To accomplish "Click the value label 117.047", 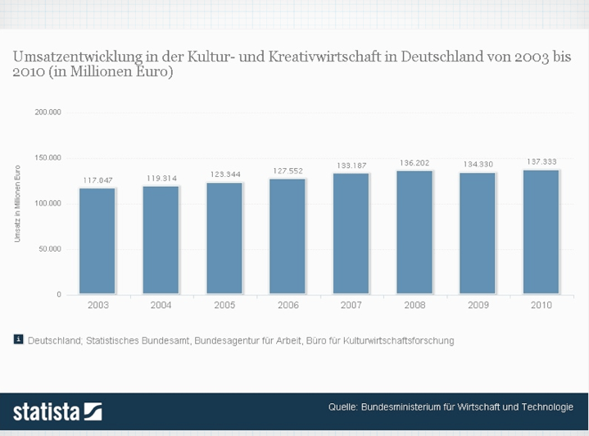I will pyautogui.click(x=97, y=179).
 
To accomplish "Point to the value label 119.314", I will pyautogui.click(x=161, y=178).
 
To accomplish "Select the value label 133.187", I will pyautogui.click(x=351, y=166).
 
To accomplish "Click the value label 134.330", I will pyautogui.click(x=478, y=164).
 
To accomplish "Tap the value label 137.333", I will pyautogui.click(x=541, y=161).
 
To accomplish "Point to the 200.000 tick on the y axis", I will pyautogui.click(x=48, y=111).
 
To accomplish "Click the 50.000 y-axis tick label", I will pyautogui.click(x=50, y=248).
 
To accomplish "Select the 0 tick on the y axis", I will pyautogui.click(x=58, y=294).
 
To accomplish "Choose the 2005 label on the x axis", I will pyautogui.click(x=224, y=305).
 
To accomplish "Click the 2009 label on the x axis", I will pyautogui.click(x=478, y=305).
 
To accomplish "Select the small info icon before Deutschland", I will pyautogui.click(x=18, y=339).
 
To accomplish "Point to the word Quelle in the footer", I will pyautogui.click(x=342, y=407).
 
